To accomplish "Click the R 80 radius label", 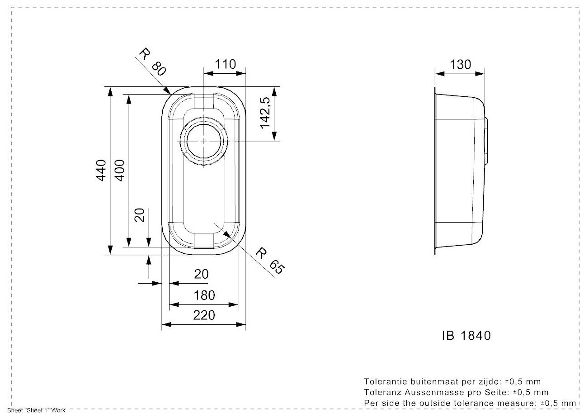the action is (x=152, y=62).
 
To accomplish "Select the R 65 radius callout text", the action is (x=270, y=260).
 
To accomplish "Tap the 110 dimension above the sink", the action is (x=225, y=65).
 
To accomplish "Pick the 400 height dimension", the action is (x=120, y=171).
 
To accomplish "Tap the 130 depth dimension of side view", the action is (x=460, y=65).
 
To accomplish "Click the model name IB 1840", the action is (x=465, y=336).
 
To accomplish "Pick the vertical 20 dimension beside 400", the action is (x=140, y=215).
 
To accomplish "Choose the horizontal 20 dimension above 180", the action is (x=202, y=274).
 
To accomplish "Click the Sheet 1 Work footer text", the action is (x=33, y=411).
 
